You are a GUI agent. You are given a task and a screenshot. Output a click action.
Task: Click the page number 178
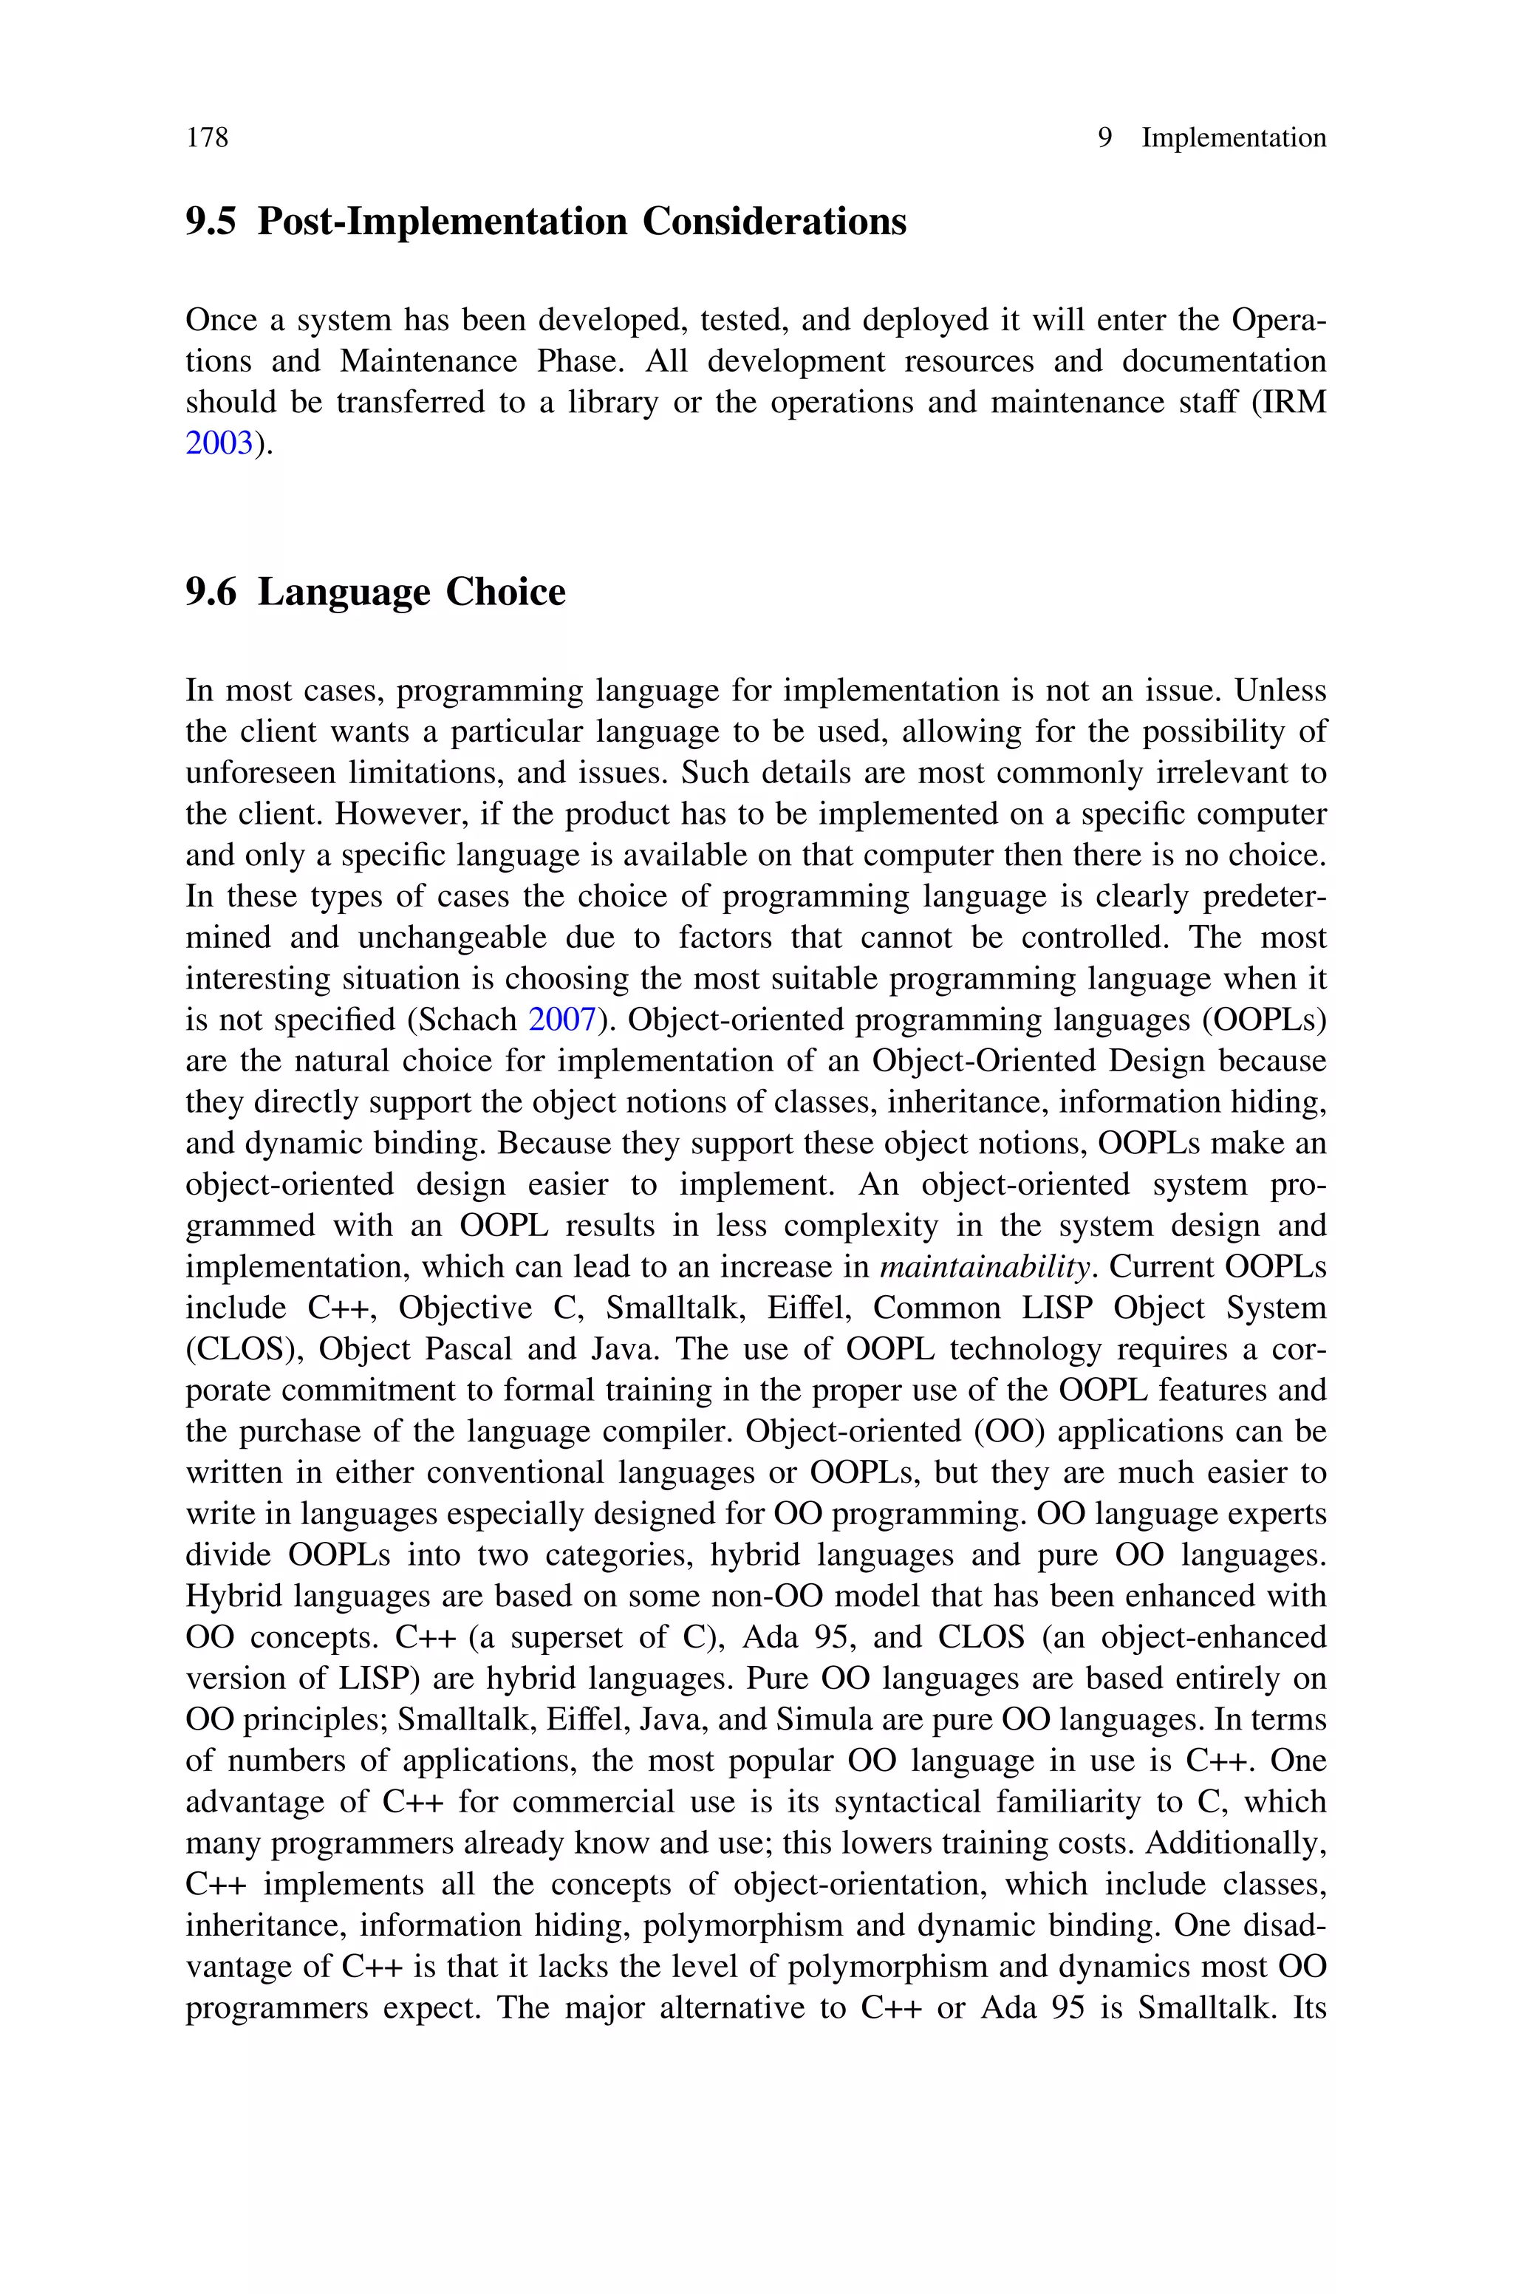207,138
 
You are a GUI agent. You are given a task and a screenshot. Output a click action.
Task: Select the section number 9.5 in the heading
211,222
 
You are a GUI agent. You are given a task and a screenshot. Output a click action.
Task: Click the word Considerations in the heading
774,222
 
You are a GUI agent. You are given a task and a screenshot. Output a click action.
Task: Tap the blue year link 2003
219,444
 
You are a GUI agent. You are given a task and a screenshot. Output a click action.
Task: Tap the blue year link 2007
562,1020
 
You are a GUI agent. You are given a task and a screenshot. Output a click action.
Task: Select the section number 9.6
211,593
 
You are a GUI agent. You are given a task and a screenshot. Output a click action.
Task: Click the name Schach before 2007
473,1020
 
